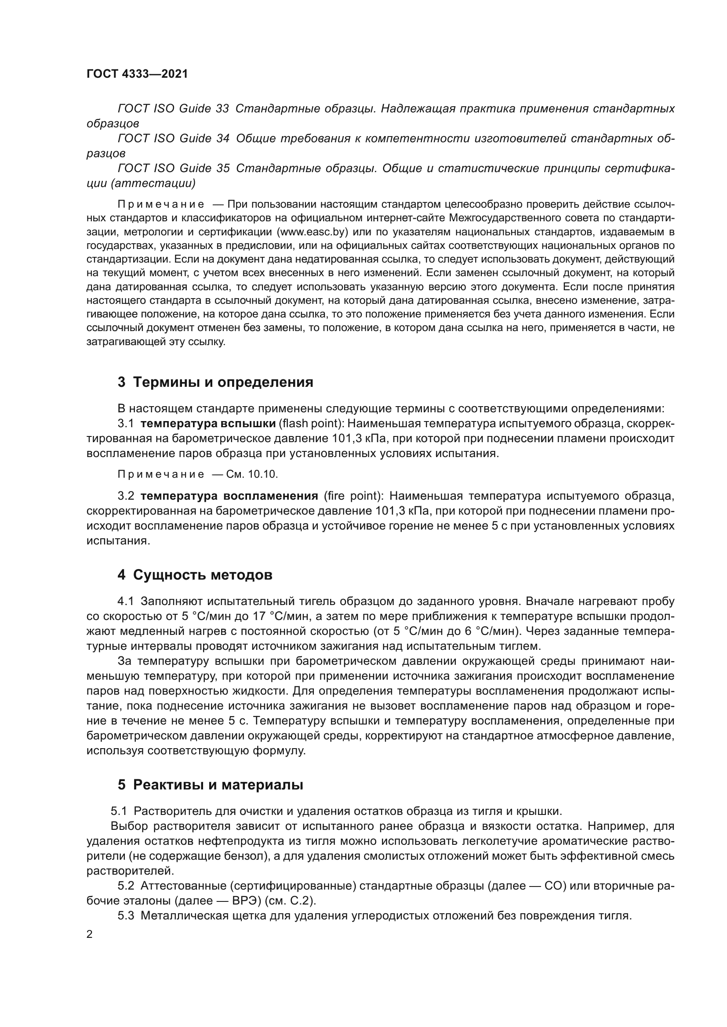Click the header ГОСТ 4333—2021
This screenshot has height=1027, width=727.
pos(137,74)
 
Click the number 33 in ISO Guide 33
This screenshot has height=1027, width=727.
pos(222,109)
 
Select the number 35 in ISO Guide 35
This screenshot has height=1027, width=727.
pos(222,168)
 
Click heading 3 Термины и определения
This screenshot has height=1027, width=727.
pos(215,382)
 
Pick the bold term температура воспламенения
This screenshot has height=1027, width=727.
pos(229,496)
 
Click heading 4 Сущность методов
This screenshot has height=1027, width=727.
pos(195,575)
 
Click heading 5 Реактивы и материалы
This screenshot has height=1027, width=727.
pos(211,785)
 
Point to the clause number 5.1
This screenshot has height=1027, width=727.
pos(119,811)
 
